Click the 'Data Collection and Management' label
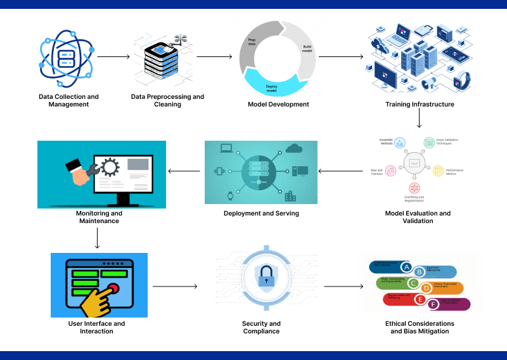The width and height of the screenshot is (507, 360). pyautogui.click(x=68, y=100)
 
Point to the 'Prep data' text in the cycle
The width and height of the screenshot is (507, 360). pyautogui.click(x=252, y=42)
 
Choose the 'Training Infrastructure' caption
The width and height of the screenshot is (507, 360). pyautogui.click(x=420, y=104)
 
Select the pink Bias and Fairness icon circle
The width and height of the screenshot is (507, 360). pyautogui.click(x=391, y=170)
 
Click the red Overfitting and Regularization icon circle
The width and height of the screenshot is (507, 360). pyautogui.click(x=414, y=188)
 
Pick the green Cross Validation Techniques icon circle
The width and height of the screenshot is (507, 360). pyautogui.click(x=429, y=143)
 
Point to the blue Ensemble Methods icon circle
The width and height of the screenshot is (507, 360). pyautogui.click(x=400, y=143)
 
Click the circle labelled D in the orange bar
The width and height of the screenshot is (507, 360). pyautogui.click(x=427, y=288)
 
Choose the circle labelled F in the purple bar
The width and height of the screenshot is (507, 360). pyautogui.click(x=433, y=305)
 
